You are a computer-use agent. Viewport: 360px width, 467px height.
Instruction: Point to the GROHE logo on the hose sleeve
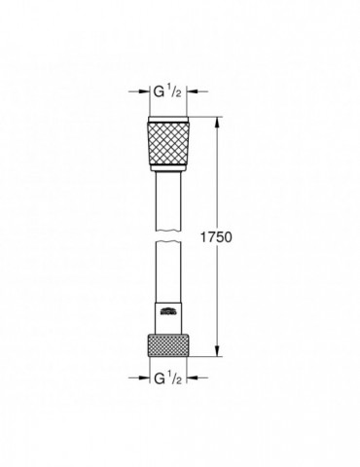tap(168, 310)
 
